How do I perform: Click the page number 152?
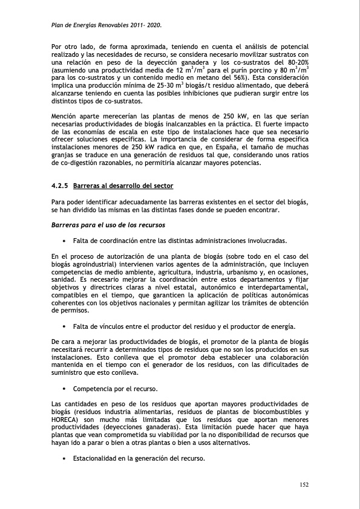click(304, 484)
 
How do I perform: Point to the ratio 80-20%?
click(296, 62)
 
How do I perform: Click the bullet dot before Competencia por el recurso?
click(64, 387)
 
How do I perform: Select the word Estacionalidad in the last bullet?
click(95, 458)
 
